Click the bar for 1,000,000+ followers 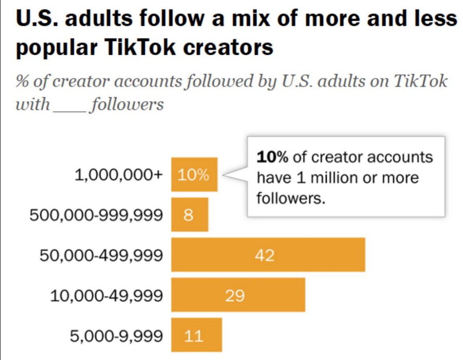pyautogui.click(x=194, y=174)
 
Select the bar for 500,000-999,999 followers pyautogui.click(x=189, y=215)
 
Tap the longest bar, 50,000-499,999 pyautogui.click(x=268, y=255)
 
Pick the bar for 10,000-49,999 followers pyautogui.click(x=238, y=295)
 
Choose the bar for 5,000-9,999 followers pyautogui.click(x=196, y=335)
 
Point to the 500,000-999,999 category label pyautogui.click(x=96, y=215)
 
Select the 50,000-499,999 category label pyautogui.click(x=101, y=255)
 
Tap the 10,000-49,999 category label pyautogui.click(x=106, y=295)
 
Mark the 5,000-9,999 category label pyautogui.click(x=116, y=336)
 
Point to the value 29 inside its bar pyautogui.click(x=235, y=295)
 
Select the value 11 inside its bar pyautogui.click(x=193, y=336)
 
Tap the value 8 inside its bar pyautogui.click(x=188, y=215)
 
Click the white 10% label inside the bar pyautogui.click(x=193, y=175)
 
